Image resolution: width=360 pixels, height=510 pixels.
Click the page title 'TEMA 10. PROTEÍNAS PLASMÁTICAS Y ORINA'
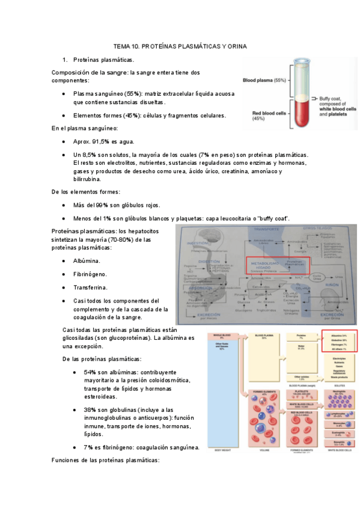(x=180, y=46)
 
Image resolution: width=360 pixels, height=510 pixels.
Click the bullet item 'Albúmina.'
(x=87, y=261)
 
